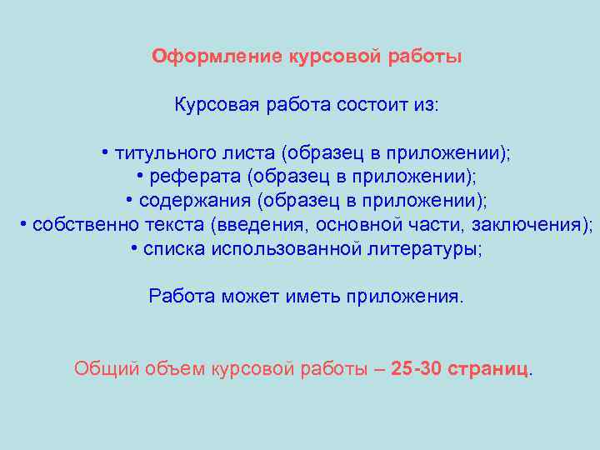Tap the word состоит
pyautogui.click(x=372, y=106)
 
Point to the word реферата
pyautogui.click(x=183, y=177)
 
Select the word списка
pyautogui.click(x=174, y=249)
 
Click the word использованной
pyautogui.click(x=287, y=249)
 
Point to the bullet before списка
pyautogui.click(x=134, y=249)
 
